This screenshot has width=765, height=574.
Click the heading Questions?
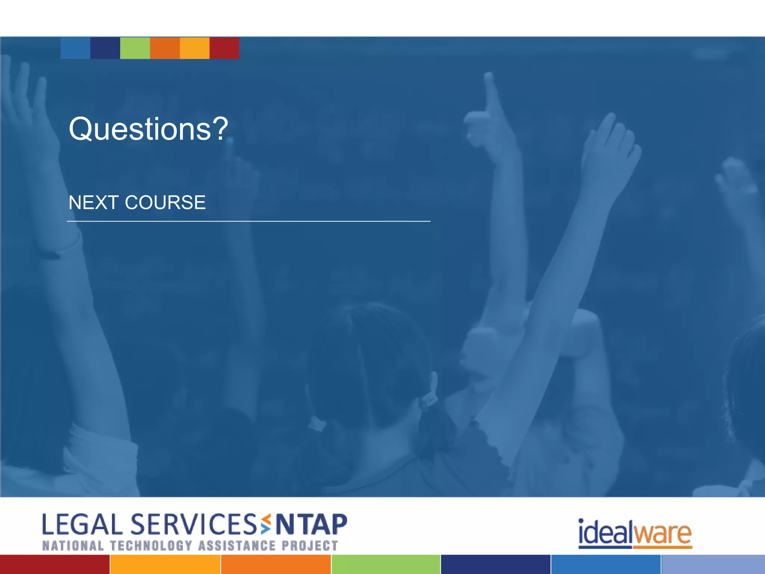[148, 129]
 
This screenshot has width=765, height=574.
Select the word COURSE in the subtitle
[165, 203]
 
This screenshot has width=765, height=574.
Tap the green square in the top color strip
[135, 48]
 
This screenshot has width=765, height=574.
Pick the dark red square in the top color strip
[224, 48]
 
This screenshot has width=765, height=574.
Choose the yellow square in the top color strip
[195, 48]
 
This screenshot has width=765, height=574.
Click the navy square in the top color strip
[105, 48]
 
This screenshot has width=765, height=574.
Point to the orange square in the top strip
[165, 48]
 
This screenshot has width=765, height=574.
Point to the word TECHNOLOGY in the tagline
[151, 546]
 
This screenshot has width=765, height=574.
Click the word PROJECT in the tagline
[310, 546]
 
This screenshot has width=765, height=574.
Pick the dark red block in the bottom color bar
[55, 564]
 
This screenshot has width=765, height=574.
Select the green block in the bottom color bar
[386, 564]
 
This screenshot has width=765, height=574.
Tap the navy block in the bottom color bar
[495, 564]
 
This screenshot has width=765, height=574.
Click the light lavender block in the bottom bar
[713, 564]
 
